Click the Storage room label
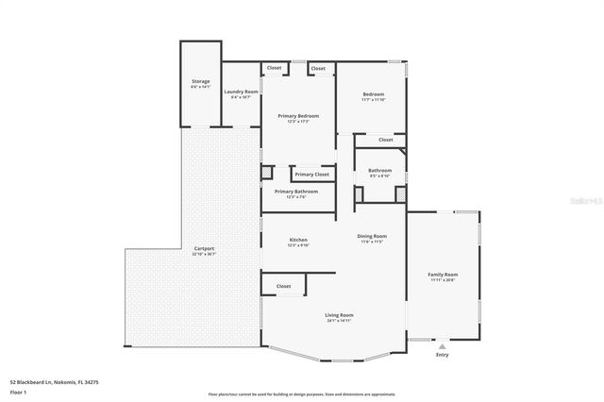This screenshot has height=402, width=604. [x=200, y=82]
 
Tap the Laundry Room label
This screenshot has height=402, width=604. [x=241, y=92]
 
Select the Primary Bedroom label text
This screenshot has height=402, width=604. [x=298, y=116]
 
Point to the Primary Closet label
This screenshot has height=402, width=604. [x=311, y=175]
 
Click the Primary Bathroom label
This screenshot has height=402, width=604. [x=296, y=192]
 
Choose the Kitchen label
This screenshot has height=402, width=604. [x=298, y=241]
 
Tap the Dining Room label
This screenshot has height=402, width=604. [x=372, y=236]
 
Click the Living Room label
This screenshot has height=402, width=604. [x=340, y=315]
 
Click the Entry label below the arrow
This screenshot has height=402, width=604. [x=443, y=355]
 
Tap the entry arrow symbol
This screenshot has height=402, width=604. [x=443, y=344]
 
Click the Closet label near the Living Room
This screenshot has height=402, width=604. [x=283, y=286]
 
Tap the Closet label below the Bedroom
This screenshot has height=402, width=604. [x=385, y=140]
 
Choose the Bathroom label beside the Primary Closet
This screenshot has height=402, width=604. [x=380, y=170]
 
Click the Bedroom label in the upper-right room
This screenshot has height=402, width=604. [x=375, y=94]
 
